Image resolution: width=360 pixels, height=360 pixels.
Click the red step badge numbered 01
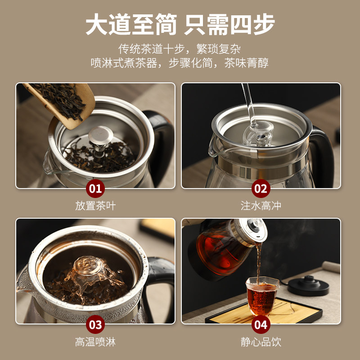(95, 189)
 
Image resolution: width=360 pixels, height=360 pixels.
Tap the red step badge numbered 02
(261, 189)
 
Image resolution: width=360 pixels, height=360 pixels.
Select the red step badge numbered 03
(95, 324)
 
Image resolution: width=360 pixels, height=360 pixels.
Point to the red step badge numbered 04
(261, 324)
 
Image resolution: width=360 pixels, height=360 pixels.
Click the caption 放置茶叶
(95, 206)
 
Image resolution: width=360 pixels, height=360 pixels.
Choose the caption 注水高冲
(261, 206)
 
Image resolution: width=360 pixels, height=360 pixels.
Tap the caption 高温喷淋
(95, 342)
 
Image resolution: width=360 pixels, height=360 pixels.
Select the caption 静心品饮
(261, 342)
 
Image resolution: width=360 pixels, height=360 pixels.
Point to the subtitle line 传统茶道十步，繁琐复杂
(180, 49)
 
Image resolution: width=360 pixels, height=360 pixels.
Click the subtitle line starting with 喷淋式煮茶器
(180, 63)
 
